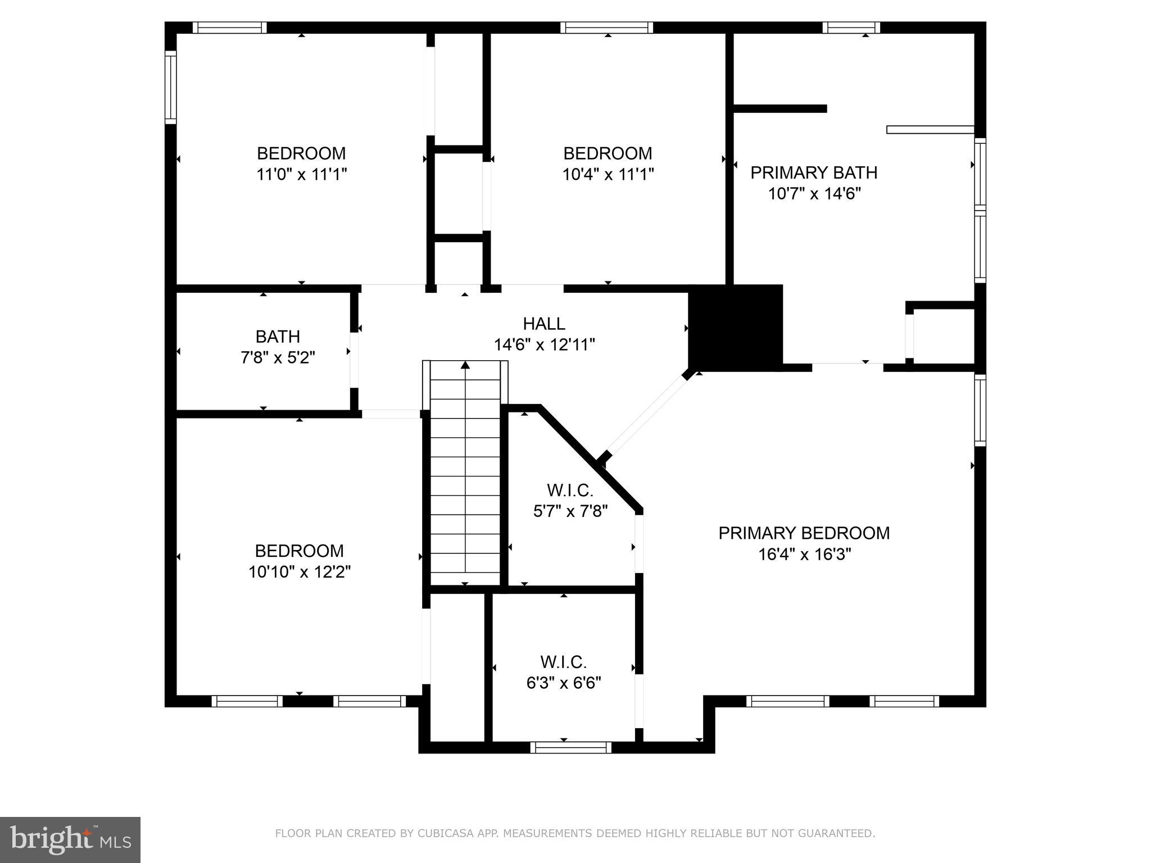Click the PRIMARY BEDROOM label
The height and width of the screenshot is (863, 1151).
pyautogui.click(x=804, y=533)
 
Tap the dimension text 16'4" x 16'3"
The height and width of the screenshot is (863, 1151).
pyautogui.click(x=804, y=555)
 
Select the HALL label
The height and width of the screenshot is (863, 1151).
pyautogui.click(x=543, y=324)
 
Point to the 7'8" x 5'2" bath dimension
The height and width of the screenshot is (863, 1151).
pyautogui.click(x=278, y=357)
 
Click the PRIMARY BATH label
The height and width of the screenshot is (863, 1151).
pyautogui.click(x=813, y=172)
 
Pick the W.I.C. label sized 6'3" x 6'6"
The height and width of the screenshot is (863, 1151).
pyautogui.click(x=563, y=662)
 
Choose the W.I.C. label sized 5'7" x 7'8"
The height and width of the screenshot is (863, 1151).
pyautogui.click(x=570, y=490)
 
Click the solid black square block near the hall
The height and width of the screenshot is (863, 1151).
pyautogui.click(x=736, y=328)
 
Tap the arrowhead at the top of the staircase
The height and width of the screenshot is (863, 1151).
pyautogui.click(x=465, y=365)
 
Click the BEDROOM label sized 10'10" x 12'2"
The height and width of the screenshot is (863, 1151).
pyautogui.click(x=299, y=551)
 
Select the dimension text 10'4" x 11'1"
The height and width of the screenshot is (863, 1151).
pyautogui.click(x=608, y=175)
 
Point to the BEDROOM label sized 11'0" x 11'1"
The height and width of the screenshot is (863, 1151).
pyautogui.click(x=301, y=153)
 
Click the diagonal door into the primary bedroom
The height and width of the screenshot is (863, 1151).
pyautogui.click(x=646, y=415)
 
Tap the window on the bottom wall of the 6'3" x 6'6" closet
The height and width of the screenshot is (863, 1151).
pyautogui.click(x=570, y=747)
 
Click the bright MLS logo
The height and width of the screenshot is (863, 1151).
pyautogui.click(x=70, y=839)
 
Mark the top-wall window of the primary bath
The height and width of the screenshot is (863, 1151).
pyautogui.click(x=851, y=28)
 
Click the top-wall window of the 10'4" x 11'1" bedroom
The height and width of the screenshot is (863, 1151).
pyautogui.click(x=606, y=28)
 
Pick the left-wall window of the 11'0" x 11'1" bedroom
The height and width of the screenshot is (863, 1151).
pyautogui.click(x=170, y=87)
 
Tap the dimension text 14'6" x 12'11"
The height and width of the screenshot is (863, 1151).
pyautogui.click(x=544, y=344)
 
